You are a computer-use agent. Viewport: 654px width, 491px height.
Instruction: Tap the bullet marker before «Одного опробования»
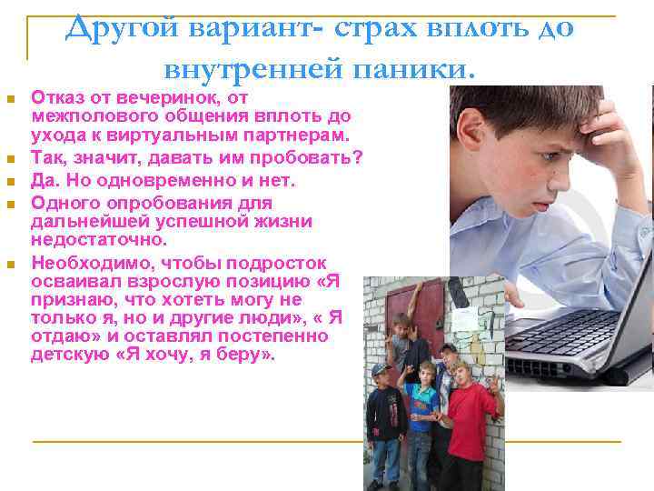tap(10, 203)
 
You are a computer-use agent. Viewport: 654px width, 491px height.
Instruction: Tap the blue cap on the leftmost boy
tap(379, 369)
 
